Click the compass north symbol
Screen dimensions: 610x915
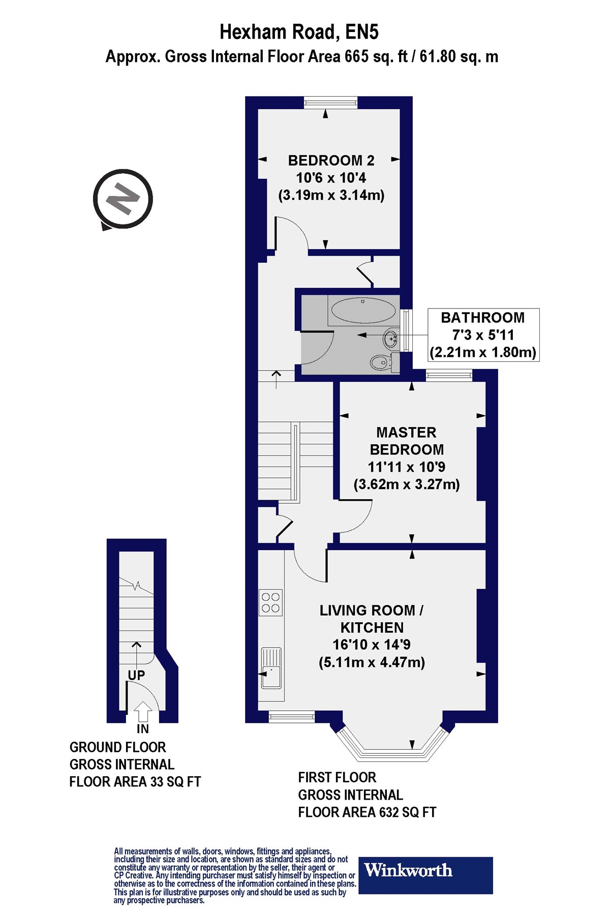pyautogui.click(x=123, y=199)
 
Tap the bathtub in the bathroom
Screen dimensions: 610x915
pyautogui.click(x=363, y=310)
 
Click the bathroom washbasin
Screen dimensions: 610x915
pyautogui.click(x=391, y=338)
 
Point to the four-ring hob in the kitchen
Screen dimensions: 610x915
pyautogui.click(x=270, y=603)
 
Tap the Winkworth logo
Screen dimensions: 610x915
pyautogui.click(x=426, y=875)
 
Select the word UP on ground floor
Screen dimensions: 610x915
pyautogui.click(x=136, y=675)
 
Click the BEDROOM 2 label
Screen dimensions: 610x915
pyautogui.click(x=331, y=161)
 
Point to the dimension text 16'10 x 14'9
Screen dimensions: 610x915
pyautogui.click(x=372, y=645)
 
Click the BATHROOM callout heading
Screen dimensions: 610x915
pyautogui.click(x=482, y=318)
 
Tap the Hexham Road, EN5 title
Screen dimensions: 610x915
pyautogui.click(x=299, y=33)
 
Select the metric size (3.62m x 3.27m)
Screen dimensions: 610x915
pyautogui.click(x=407, y=484)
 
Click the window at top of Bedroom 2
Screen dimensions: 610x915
pyautogui.click(x=330, y=102)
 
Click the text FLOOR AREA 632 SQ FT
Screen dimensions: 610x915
pyautogui.click(x=367, y=812)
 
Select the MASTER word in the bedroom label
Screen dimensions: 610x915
pyautogui.click(x=406, y=433)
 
